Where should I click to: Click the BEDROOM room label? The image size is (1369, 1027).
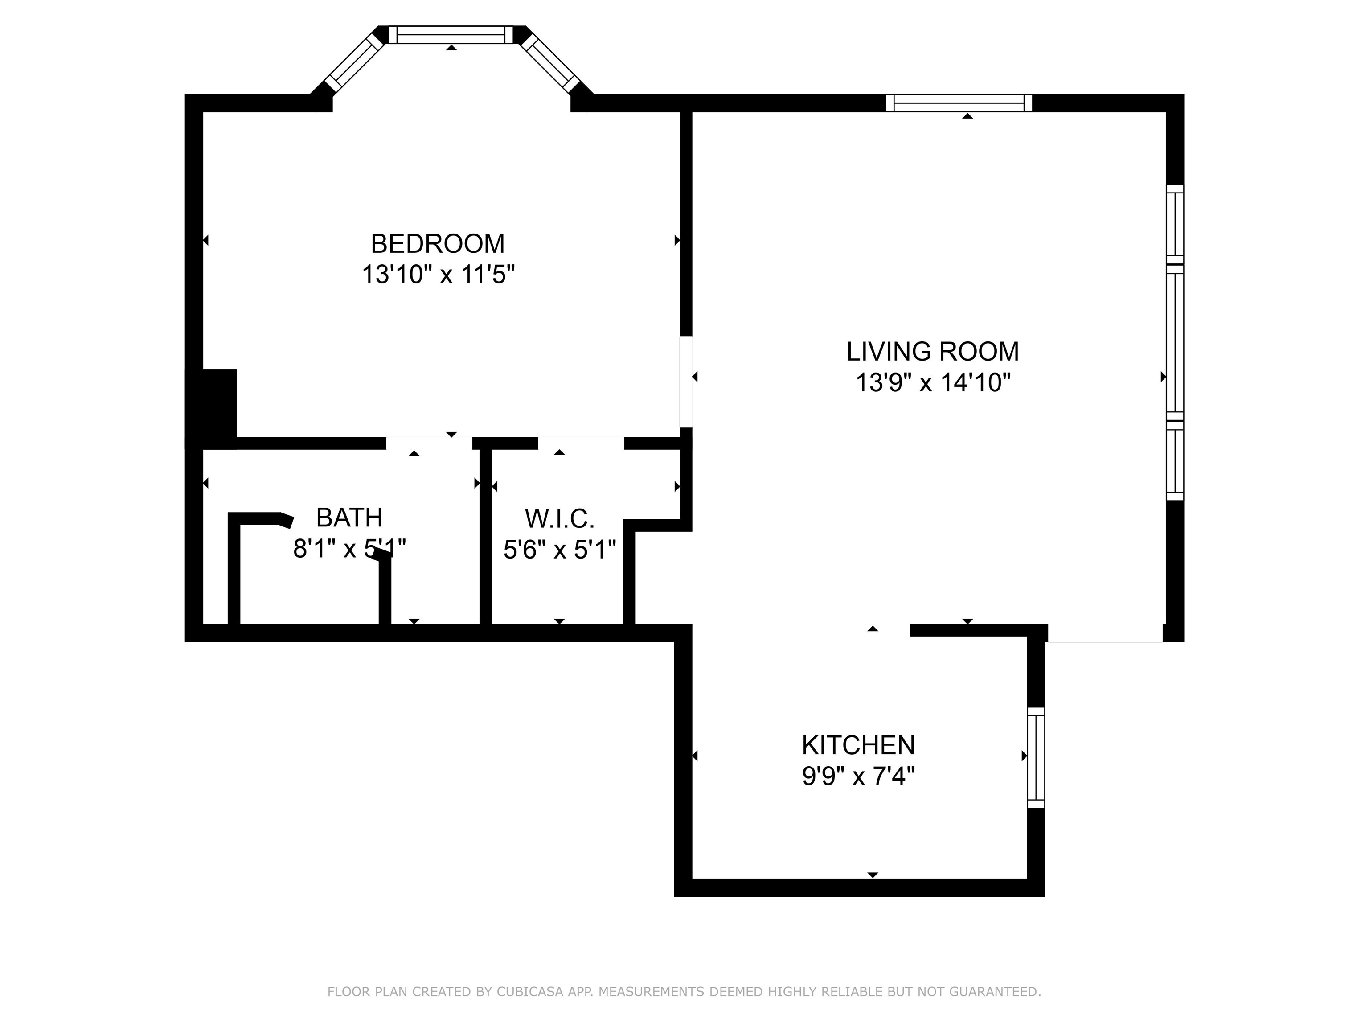pyautogui.click(x=438, y=244)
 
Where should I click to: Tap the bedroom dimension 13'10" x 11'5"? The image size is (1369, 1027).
pyautogui.click(x=438, y=274)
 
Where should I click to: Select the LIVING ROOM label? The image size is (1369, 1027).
pyautogui.click(x=932, y=352)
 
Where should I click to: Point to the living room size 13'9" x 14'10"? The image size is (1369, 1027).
pyautogui.click(x=932, y=382)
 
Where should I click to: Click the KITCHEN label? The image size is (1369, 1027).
pyautogui.click(x=858, y=745)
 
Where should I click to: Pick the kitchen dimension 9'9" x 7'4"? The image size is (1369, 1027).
pyautogui.click(x=858, y=776)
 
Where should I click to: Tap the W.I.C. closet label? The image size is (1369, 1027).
pyautogui.click(x=559, y=519)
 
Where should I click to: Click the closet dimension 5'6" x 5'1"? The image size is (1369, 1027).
pyautogui.click(x=559, y=549)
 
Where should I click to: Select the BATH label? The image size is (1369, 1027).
pyautogui.click(x=349, y=518)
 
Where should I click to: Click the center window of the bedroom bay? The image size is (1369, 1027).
pyautogui.click(x=451, y=35)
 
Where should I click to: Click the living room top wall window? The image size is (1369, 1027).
pyautogui.click(x=959, y=103)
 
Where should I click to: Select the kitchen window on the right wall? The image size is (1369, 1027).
pyautogui.click(x=1035, y=758)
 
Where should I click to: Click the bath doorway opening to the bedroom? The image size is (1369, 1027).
pyautogui.click(x=429, y=443)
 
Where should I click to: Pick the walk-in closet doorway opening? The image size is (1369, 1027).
pyautogui.click(x=581, y=443)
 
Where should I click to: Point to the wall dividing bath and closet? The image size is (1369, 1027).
pyautogui.click(x=485, y=535)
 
